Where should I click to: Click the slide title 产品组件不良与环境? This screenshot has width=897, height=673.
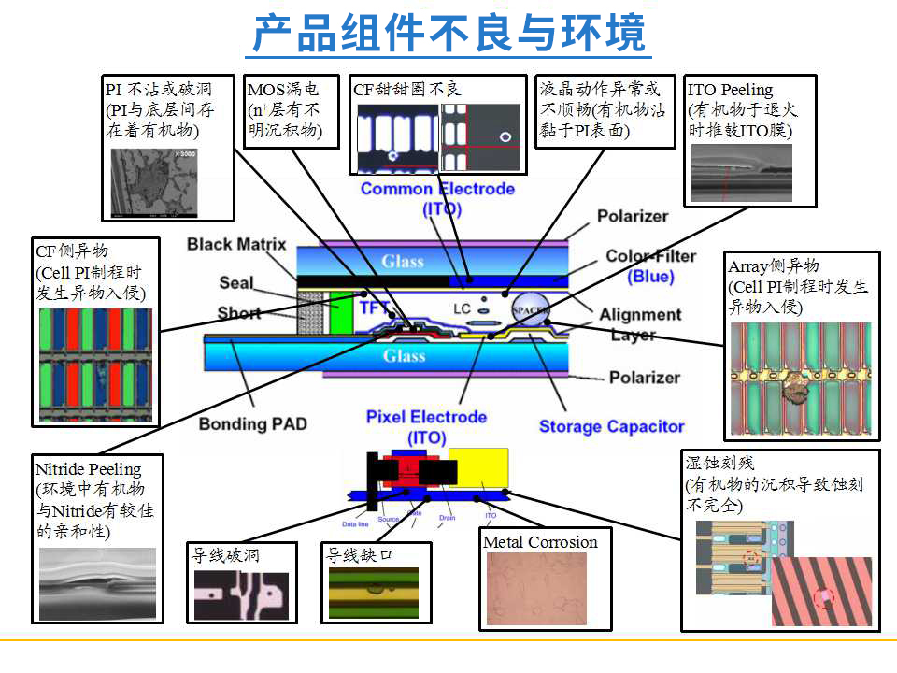click(x=448, y=35)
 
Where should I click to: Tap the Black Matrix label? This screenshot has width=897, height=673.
click(x=236, y=245)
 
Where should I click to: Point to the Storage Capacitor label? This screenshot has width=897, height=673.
click(x=611, y=427)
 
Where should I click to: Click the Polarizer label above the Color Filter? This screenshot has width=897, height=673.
click(x=633, y=216)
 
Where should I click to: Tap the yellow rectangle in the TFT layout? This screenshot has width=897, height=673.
click(x=478, y=466)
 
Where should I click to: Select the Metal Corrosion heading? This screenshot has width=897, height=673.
click(x=540, y=542)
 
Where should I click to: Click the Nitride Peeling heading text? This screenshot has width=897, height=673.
click(x=88, y=469)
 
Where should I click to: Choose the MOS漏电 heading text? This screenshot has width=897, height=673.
click(x=282, y=90)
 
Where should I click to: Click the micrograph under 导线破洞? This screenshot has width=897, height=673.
click(x=241, y=595)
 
